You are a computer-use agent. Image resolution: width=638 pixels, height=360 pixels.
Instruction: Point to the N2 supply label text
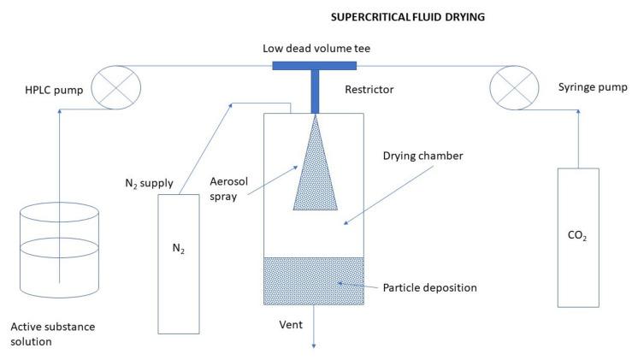[151, 181]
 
